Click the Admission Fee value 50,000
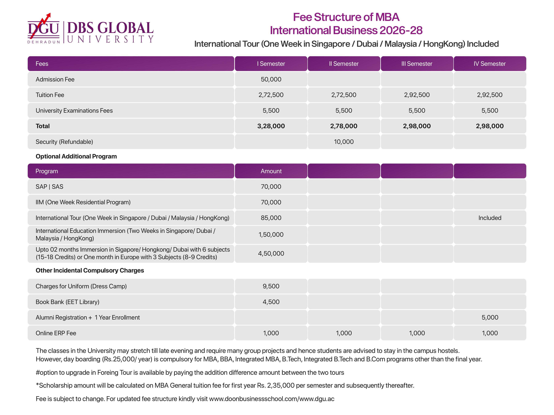[271, 79]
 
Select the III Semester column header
[417, 64]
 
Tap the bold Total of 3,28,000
[271, 126]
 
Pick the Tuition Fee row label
[50, 95]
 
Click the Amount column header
[271, 171]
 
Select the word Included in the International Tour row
[490, 218]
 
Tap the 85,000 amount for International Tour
[271, 218]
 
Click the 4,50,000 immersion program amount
[271, 253]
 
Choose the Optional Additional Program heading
[76, 156]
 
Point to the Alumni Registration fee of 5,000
[490, 317]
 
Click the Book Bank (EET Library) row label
[67, 302]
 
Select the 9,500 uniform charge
[271, 286]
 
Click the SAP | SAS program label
[49, 187]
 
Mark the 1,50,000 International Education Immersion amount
[271, 235]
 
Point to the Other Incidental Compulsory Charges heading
[90, 270]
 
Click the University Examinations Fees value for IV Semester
[490, 111]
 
